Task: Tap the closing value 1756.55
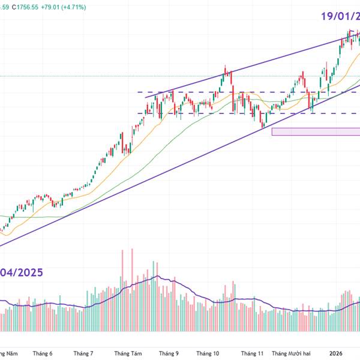click(x=41, y=7)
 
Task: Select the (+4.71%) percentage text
click(x=103, y=7)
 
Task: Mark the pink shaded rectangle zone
click(x=315, y=131)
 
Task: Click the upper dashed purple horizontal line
click(x=240, y=92)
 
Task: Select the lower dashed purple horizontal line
click(x=240, y=113)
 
